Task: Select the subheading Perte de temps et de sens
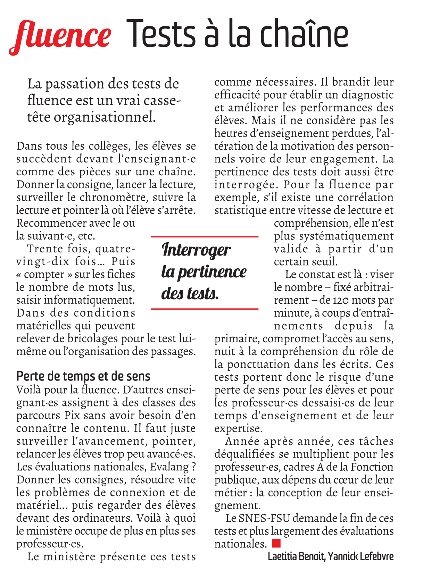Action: [x=83, y=376]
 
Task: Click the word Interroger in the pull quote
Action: [x=196, y=250]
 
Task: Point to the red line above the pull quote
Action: [x=205, y=237]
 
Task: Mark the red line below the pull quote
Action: [x=205, y=309]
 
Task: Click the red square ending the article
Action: [x=276, y=543]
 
